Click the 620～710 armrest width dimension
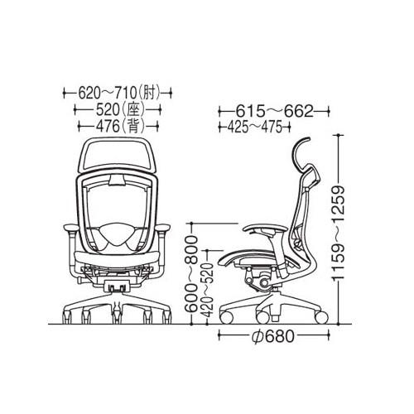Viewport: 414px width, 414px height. [x=108, y=93]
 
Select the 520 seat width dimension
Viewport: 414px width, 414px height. [x=108, y=110]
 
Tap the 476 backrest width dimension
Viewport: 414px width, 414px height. [x=108, y=127]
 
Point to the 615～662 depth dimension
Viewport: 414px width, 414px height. [x=275, y=112]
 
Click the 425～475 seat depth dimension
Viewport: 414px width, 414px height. [x=255, y=128]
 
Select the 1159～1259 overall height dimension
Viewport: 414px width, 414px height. [x=338, y=233]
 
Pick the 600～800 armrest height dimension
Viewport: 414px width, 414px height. [x=191, y=274]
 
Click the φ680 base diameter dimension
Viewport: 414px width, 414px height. [x=273, y=335]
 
